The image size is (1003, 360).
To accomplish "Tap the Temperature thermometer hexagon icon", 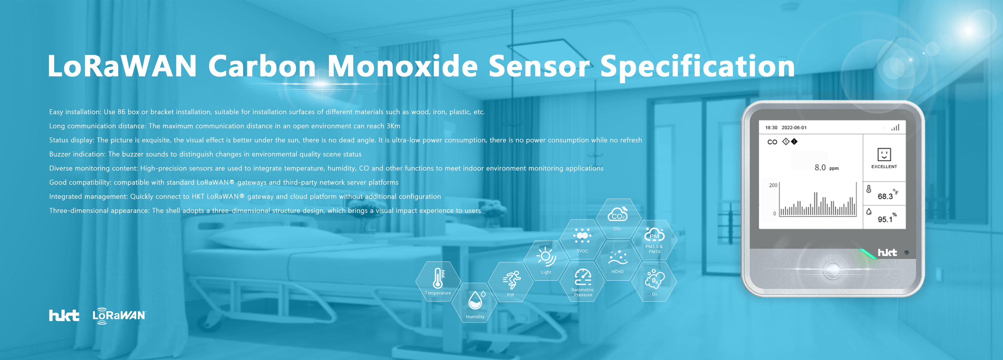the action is [438, 278].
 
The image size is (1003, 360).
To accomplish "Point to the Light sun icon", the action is [546, 256].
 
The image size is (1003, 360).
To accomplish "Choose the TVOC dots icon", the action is [582, 235].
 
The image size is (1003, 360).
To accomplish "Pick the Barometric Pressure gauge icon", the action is [583, 277].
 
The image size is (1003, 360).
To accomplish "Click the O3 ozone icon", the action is [655, 279].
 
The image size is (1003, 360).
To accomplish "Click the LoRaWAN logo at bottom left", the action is [119, 315].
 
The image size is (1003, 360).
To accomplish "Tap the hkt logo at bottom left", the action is [64, 315].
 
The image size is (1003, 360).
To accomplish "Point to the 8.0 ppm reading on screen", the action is [826, 167].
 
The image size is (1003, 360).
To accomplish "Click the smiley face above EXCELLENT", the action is [884, 154].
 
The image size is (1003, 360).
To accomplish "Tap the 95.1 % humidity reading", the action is [887, 217].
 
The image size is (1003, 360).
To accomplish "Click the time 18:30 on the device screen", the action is [771, 128].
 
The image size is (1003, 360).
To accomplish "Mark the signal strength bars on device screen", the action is [895, 127].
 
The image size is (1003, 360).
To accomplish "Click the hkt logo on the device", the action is [887, 253].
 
